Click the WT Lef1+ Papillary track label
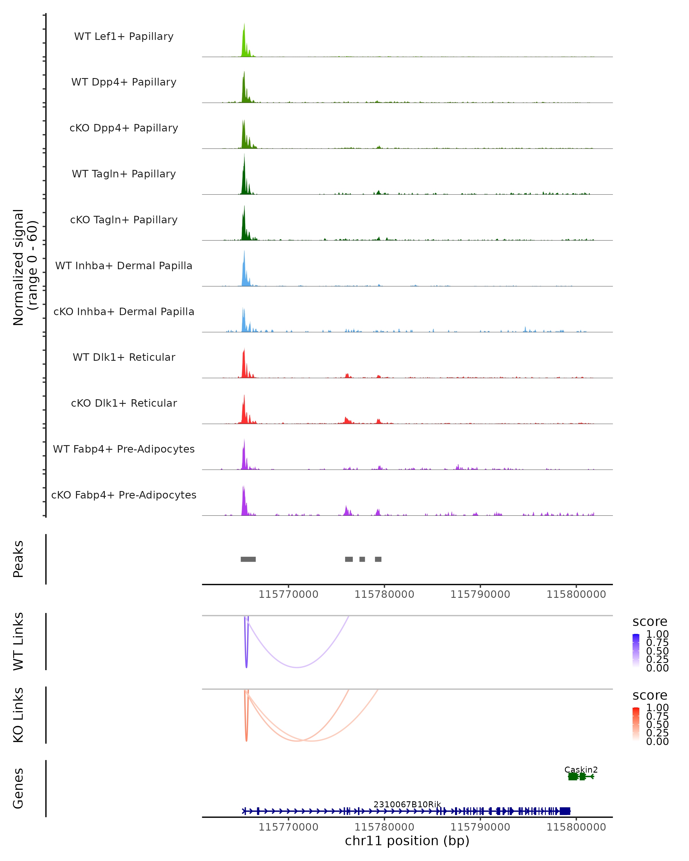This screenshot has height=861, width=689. click(124, 36)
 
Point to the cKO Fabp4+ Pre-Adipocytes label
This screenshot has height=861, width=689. click(124, 495)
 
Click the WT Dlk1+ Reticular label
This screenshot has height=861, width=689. click(124, 357)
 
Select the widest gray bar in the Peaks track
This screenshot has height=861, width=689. click(248, 559)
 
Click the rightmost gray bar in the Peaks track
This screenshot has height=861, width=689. click(378, 559)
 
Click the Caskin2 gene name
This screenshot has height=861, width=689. click(581, 769)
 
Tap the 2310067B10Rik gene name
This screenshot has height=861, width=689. click(407, 804)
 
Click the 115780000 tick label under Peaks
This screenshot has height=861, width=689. click(384, 594)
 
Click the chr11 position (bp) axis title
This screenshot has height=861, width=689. click(407, 841)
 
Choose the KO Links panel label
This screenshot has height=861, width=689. click(18, 715)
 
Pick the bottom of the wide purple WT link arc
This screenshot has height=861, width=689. click(297, 667)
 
